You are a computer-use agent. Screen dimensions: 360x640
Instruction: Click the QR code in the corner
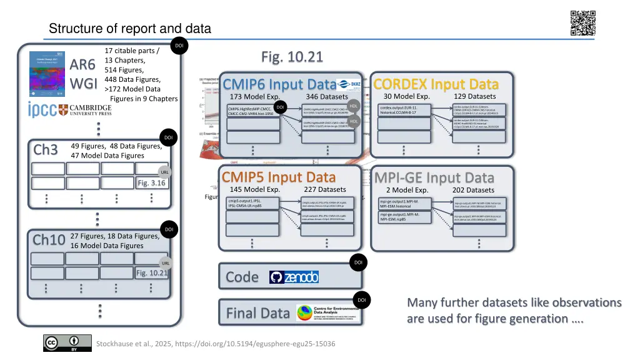click(582, 24)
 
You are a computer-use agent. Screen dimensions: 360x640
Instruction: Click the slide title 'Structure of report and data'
click(130, 29)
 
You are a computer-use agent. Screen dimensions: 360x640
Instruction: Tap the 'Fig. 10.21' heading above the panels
click(292, 57)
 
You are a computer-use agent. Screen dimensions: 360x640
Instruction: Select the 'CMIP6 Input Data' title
click(279, 84)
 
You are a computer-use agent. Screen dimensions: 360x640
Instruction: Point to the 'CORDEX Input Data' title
click(436, 84)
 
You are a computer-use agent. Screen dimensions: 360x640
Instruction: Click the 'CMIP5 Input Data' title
click(279, 177)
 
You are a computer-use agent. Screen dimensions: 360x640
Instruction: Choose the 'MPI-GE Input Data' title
click(434, 178)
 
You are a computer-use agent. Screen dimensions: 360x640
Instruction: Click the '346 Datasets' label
click(327, 97)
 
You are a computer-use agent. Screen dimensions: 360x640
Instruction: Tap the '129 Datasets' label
click(474, 96)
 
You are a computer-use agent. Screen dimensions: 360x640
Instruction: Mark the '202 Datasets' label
click(473, 190)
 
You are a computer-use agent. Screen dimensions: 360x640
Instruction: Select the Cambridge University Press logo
click(86, 109)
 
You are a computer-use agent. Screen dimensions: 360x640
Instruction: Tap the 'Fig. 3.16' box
click(151, 183)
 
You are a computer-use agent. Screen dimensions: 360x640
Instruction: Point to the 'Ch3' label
click(46, 150)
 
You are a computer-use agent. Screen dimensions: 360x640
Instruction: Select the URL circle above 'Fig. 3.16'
click(165, 172)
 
